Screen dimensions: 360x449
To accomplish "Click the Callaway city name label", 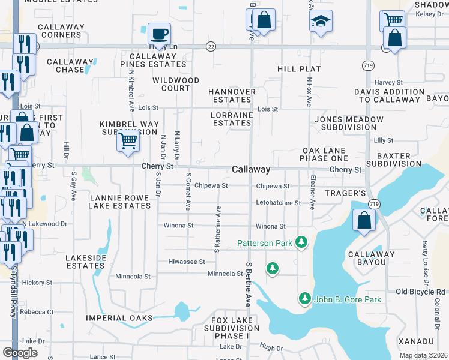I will [251, 170].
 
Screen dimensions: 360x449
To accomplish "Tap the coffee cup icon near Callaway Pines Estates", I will [159, 34].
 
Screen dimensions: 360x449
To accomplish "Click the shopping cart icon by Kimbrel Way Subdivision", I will [128, 141].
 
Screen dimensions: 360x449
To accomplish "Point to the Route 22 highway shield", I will [210, 46].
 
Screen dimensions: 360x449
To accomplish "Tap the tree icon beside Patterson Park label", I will [301, 242].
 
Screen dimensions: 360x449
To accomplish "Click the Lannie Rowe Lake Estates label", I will [119, 201].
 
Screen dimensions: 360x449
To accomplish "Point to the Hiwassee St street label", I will [186, 262].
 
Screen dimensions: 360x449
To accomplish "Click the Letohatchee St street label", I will [279, 203].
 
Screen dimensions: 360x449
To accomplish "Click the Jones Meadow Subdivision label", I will [349, 123].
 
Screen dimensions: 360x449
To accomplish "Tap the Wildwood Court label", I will [175, 84].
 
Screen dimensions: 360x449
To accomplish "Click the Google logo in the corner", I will [20, 353].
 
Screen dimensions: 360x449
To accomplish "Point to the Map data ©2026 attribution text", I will [423, 355].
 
